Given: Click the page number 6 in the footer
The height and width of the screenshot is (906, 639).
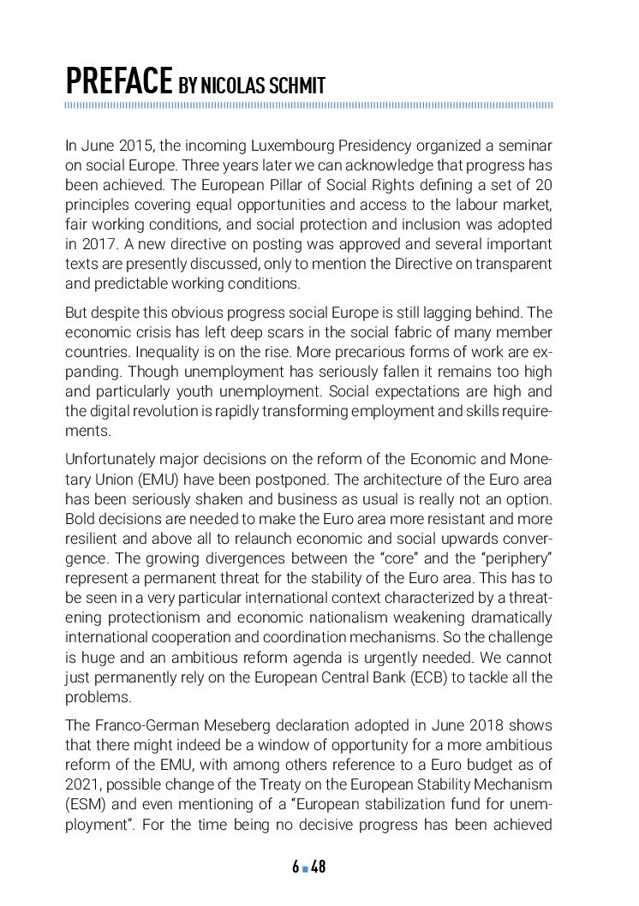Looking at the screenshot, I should (x=295, y=867).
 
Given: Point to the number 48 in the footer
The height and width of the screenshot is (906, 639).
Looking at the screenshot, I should (x=318, y=867).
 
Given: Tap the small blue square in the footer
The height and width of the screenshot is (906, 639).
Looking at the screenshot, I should (x=305, y=868).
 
